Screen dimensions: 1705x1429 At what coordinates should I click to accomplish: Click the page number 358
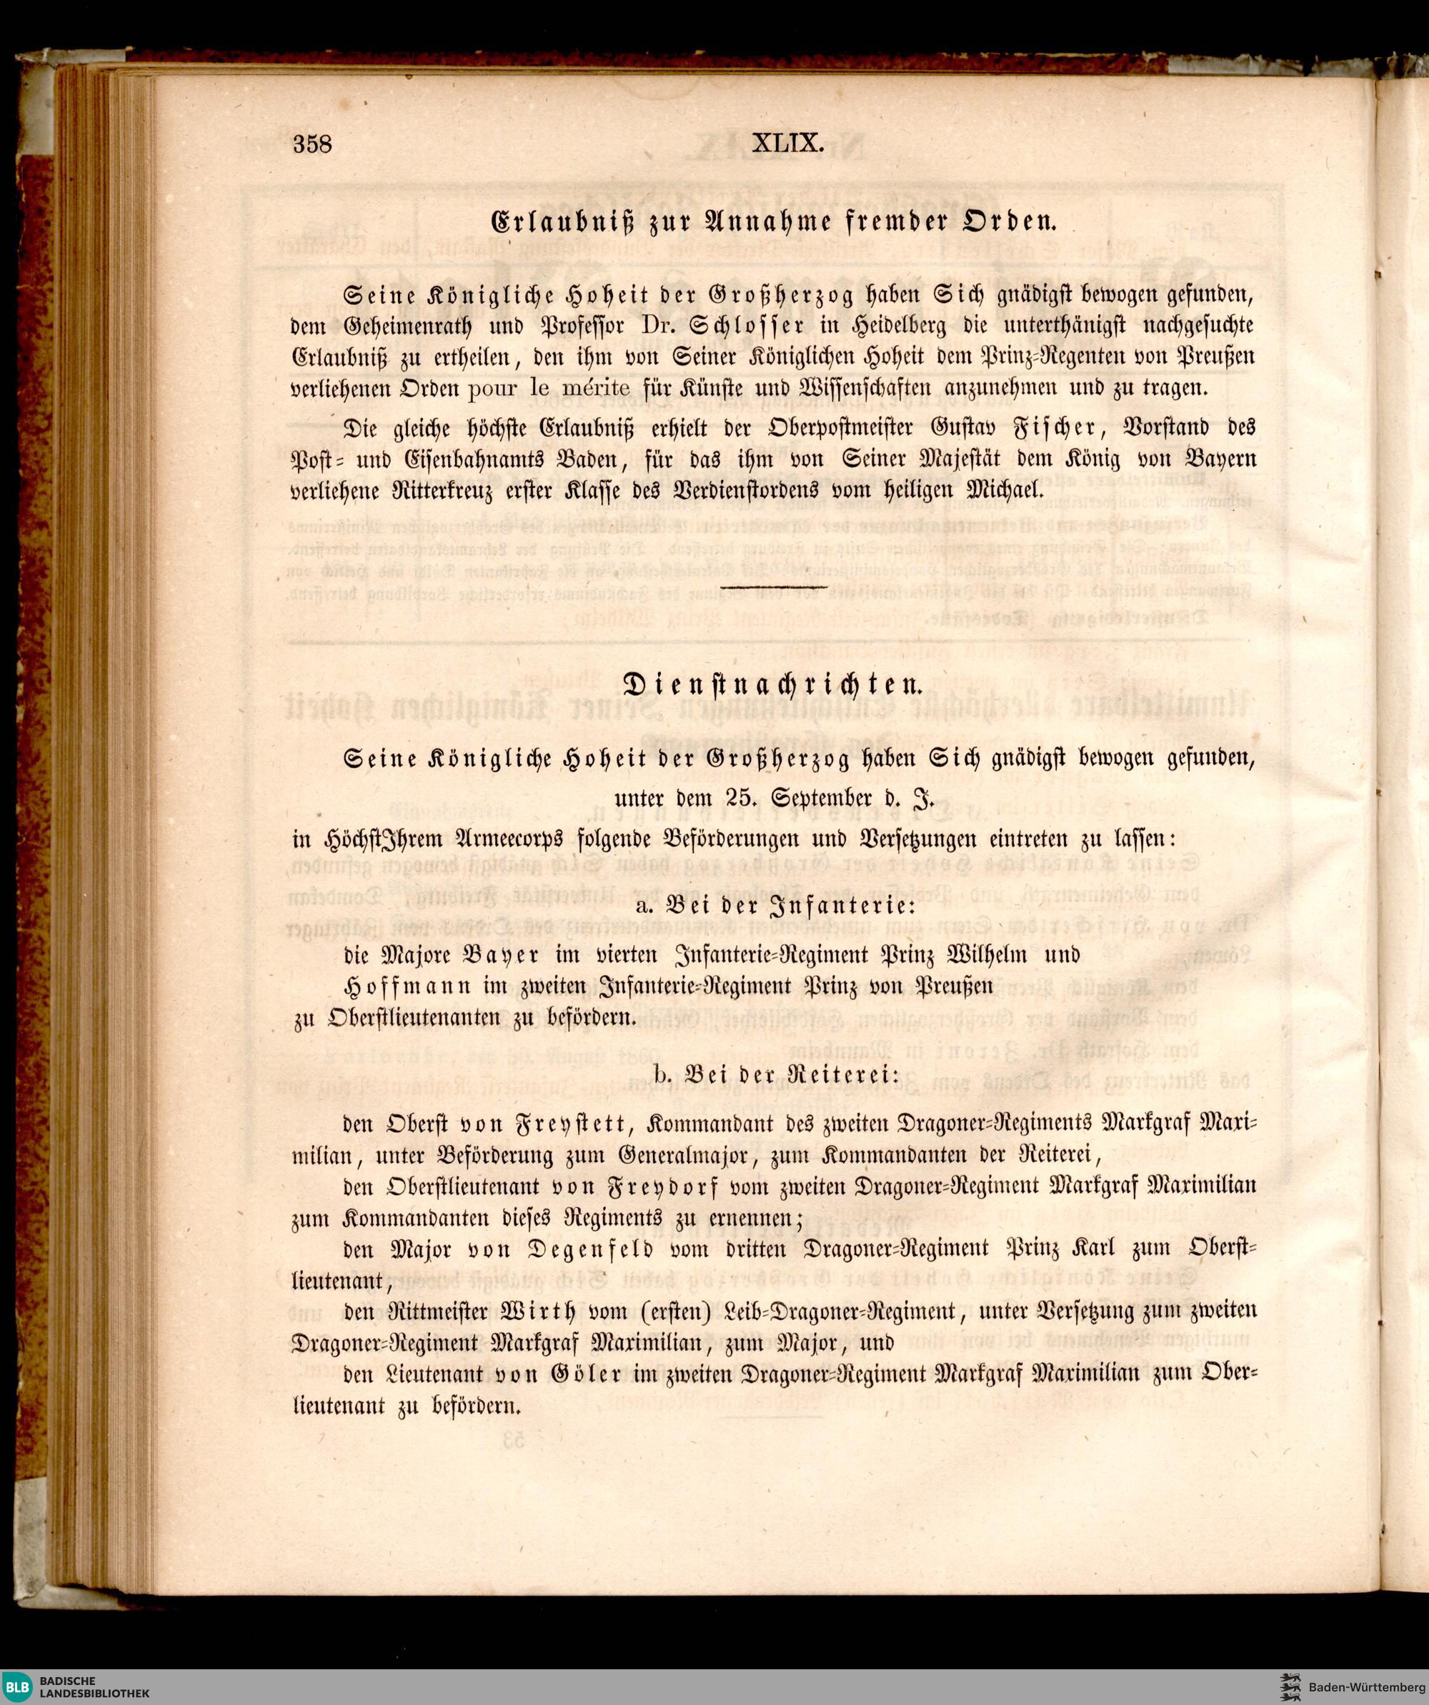[x=313, y=144]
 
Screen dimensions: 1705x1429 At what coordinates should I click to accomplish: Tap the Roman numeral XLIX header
[x=788, y=144]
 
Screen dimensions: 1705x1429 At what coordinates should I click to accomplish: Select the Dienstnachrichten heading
[x=772, y=684]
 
